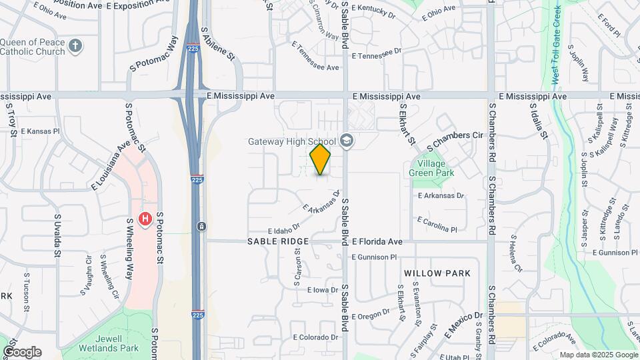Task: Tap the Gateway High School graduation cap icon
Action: [x=346, y=141]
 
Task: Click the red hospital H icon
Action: [x=143, y=218]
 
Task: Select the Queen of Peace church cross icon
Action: [x=75, y=46]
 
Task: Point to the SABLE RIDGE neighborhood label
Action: [x=279, y=241]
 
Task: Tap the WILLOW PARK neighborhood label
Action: [x=437, y=273]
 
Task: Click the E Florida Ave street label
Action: [x=377, y=241]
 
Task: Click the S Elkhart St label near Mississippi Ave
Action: [x=407, y=124]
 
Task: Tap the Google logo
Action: [x=22, y=351]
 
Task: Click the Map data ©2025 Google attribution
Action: [x=598, y=355]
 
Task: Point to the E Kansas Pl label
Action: [x=40, y=132]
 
